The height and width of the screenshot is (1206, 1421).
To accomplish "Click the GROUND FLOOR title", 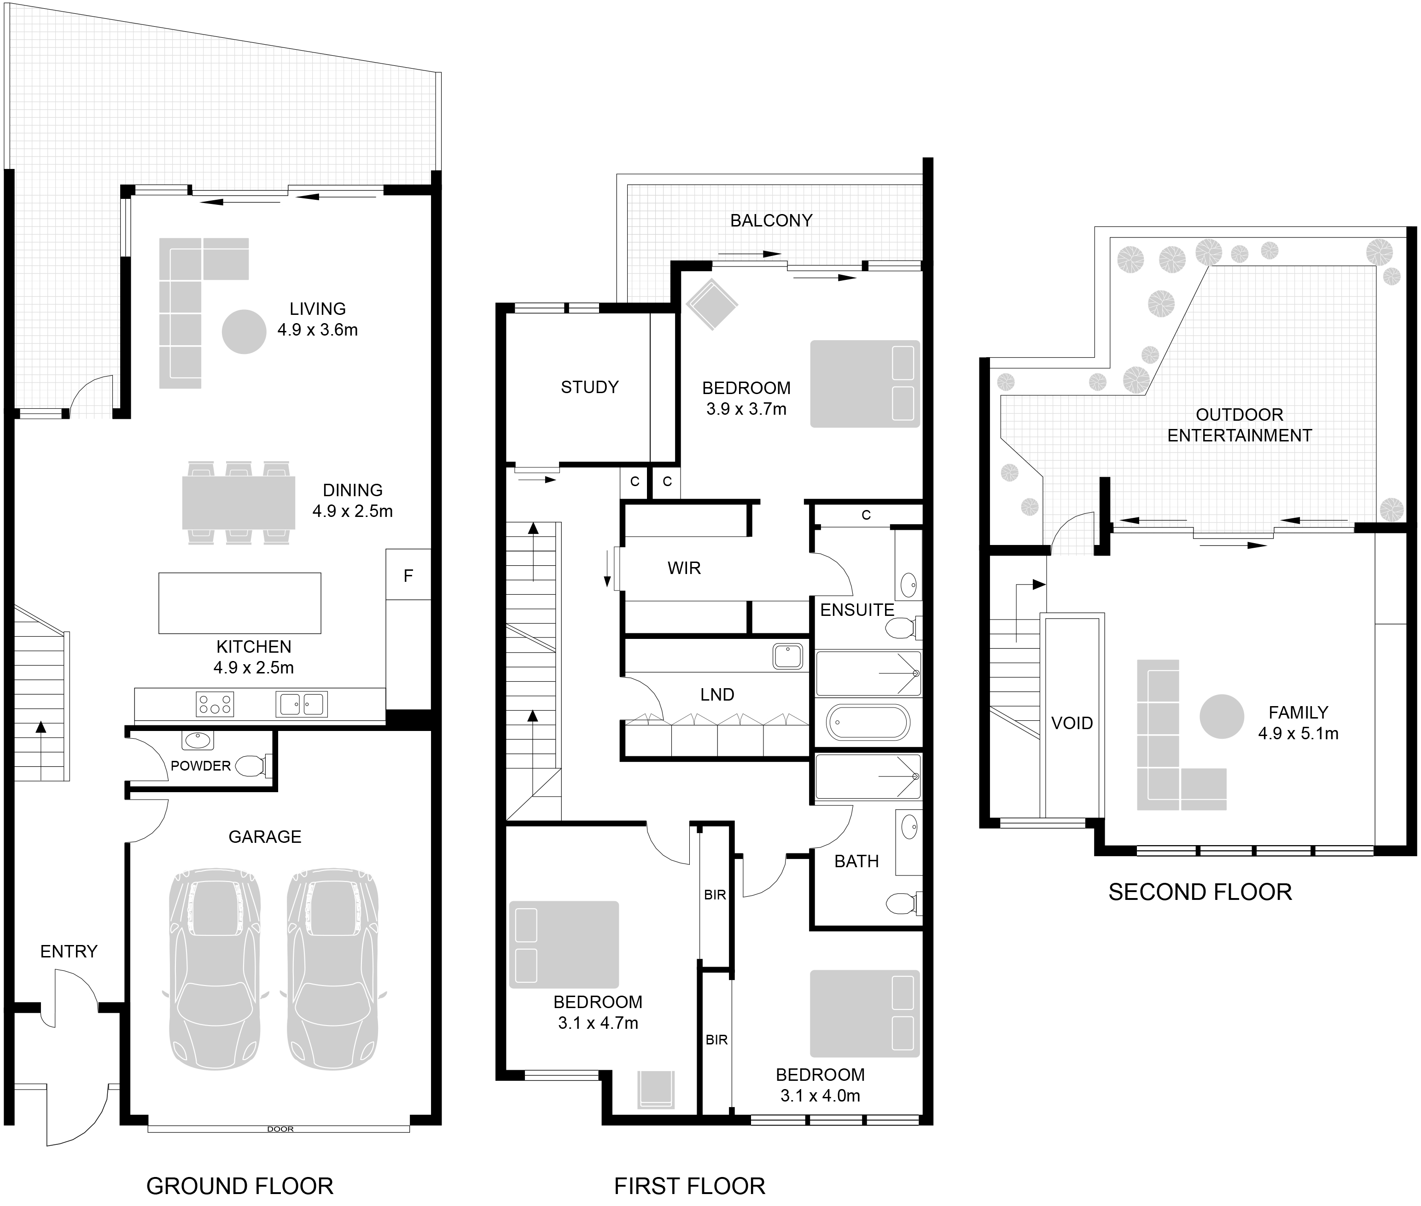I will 239,1185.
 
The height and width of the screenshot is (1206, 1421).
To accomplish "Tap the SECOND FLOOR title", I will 1200,892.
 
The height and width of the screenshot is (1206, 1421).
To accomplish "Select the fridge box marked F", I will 408,575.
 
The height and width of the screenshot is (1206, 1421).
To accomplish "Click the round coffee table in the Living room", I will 244,331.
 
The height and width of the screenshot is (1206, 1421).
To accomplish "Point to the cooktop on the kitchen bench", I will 215,703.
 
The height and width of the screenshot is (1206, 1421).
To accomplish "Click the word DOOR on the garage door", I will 280,1129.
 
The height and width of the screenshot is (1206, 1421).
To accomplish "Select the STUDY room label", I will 589,387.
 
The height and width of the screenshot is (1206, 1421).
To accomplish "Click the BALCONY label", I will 771,220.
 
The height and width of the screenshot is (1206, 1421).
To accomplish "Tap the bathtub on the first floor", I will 868,722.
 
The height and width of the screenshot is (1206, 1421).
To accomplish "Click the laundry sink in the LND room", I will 788,656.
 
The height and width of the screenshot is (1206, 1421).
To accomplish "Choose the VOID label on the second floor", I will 1072,723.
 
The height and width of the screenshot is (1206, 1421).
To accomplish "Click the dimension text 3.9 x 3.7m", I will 746,409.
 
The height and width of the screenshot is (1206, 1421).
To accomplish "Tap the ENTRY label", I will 69,951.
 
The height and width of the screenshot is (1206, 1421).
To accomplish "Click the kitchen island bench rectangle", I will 239,603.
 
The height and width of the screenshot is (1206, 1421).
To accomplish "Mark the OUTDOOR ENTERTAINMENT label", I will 1239,424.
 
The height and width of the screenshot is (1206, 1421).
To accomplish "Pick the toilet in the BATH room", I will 902,903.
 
